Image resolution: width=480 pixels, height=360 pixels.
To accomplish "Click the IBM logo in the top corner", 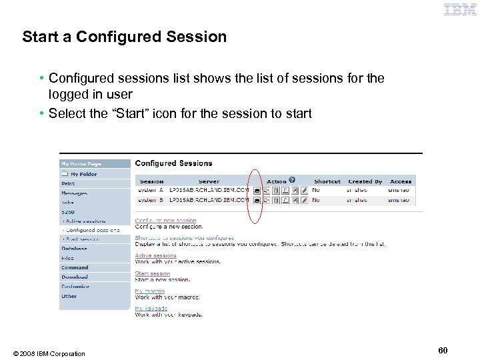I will pos(460,9).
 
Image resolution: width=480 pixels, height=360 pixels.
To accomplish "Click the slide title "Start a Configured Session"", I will pos(124,37).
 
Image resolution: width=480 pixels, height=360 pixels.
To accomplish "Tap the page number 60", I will pos(443,350).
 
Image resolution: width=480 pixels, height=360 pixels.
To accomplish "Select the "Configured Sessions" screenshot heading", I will pos(173,163).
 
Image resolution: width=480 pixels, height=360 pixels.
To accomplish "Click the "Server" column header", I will pos(209,181).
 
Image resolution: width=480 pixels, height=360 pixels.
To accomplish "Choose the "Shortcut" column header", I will pos(327,181).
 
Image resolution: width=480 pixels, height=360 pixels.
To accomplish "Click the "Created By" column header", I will pos(365,181).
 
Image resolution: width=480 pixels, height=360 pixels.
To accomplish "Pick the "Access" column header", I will pos(401,181).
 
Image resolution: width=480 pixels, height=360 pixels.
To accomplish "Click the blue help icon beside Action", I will pos(291,180).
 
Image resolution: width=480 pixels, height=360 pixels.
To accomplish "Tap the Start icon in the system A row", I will pos(257,190).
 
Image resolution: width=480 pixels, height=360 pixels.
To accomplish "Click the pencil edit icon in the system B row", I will pos(305,199).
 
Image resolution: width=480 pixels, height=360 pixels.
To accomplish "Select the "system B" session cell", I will pos(151,199).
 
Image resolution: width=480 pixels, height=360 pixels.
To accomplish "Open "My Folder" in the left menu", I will pos(83,174).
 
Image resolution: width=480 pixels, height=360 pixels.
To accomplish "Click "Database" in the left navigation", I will pos(74,249).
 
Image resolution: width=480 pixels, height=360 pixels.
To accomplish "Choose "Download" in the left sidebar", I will pos(75,277).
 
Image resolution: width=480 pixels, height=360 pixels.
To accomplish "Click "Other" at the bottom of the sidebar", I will pos(69,296).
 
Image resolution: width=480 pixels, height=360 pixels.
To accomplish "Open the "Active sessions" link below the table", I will pos(156,255).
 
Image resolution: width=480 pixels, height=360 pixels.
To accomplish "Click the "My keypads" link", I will pos(151,309).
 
